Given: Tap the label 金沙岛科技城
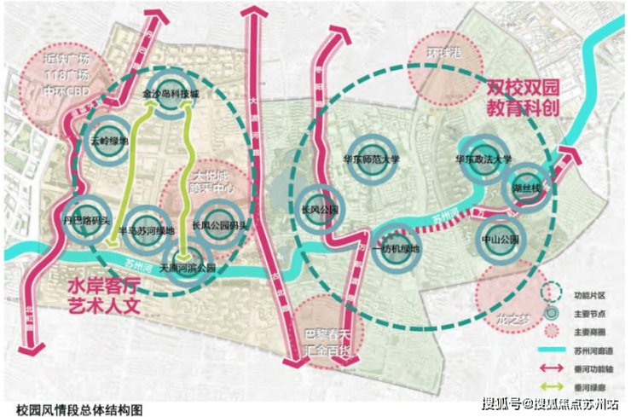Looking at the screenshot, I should [171, 93].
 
